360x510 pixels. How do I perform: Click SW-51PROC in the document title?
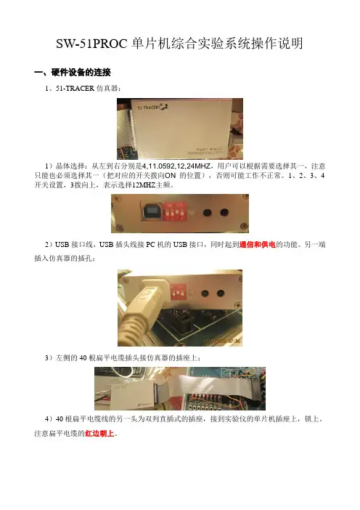pos(92,44)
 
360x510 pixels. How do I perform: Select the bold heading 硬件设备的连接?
pos(81,72)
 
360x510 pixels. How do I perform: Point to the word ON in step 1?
pos(171,176)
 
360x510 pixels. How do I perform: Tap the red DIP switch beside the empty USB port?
pos(175,211)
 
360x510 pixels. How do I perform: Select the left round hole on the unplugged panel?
pos(208,213)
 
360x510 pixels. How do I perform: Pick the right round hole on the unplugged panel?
pos(224,213)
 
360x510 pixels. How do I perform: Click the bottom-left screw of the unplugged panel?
pos(119,227)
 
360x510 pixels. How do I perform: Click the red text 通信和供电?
pos(258,245)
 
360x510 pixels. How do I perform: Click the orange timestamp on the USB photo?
pos(222,341)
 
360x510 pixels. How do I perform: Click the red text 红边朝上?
pos(99,434)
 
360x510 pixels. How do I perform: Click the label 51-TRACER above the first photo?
pos(75,89)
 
